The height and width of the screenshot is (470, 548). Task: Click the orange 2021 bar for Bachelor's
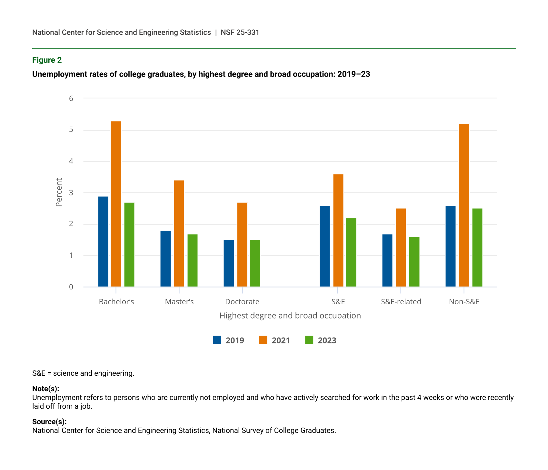pyautogui.click(x=116, y=204)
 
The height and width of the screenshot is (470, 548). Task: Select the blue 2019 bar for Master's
pyautogui.click(x=165, y=259)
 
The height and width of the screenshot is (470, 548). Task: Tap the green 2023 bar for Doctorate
pyautogui.click(x=255, y=263)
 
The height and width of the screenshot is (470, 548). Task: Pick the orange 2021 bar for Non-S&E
pyautogui.click(x=464, y=205)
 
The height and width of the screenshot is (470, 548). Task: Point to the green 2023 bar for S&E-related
pyautogui.click(x=414, y=262)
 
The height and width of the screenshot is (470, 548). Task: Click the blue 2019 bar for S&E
pyautogui.click(x=325, y=246)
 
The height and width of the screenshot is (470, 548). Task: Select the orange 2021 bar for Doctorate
pyautogui.click(x=242, y=245)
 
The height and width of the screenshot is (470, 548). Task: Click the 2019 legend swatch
pyautogui.click(x=217, y=340)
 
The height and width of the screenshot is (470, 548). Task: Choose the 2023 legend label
pyautogui.click(x=327, y=340)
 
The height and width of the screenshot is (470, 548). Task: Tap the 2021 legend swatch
pyautogui.click(x=263, y=340)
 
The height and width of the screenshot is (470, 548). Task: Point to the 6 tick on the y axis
pyautogui.click(x=71, y=98)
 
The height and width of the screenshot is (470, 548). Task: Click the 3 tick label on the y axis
pyautogui.click(x=71, y=193)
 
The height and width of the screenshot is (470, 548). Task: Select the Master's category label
pyautogui.click(x=179, y=302)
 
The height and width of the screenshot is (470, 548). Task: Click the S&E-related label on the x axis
pyautogui.click(x=401, y=302)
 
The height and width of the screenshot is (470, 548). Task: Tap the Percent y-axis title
pyautogui.click(x=59, y=192)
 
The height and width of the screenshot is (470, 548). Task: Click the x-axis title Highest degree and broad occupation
pyautogui.click(x=290, y=316)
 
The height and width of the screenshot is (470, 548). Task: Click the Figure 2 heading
pyautogui.click(x=47, y=60)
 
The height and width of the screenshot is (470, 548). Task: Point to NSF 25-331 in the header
pyautogui.click(x=240, y=32)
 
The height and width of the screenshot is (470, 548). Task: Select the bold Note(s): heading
pyautogui.click(x=45, y=389)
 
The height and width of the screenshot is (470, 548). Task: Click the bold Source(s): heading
pyautogui.click(x=49, y=422)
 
